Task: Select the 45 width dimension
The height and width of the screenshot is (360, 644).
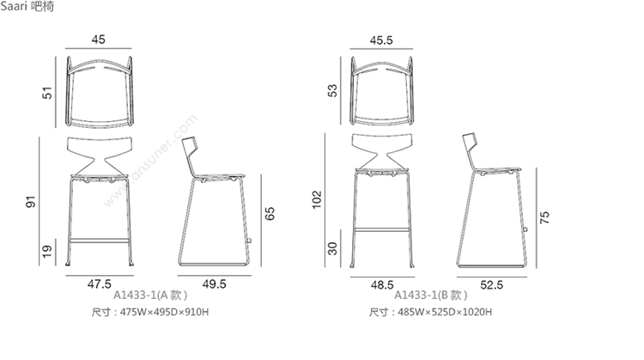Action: pyautogui.click(x=98, y=40)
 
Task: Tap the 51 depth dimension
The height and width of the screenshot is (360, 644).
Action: pyautogui.click(x=47, y=93)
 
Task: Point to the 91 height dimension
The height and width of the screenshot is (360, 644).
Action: pyautogui.click(x=31, y=201)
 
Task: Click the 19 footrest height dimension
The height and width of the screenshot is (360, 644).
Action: pyautogui.click(x=47, y=251)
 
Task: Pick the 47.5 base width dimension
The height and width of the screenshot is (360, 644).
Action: pyautogui.click(x=99, y=284)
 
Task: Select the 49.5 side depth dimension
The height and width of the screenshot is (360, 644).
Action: pyautogui.click(x=214, y=284)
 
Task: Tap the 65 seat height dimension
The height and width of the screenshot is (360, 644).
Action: pyautogui.click(x=270, y=213)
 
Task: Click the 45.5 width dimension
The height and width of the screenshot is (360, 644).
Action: pyautogui.click(x=381, y=40)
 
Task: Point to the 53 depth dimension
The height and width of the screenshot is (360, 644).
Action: pyautogui.click(x=332, y=90)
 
